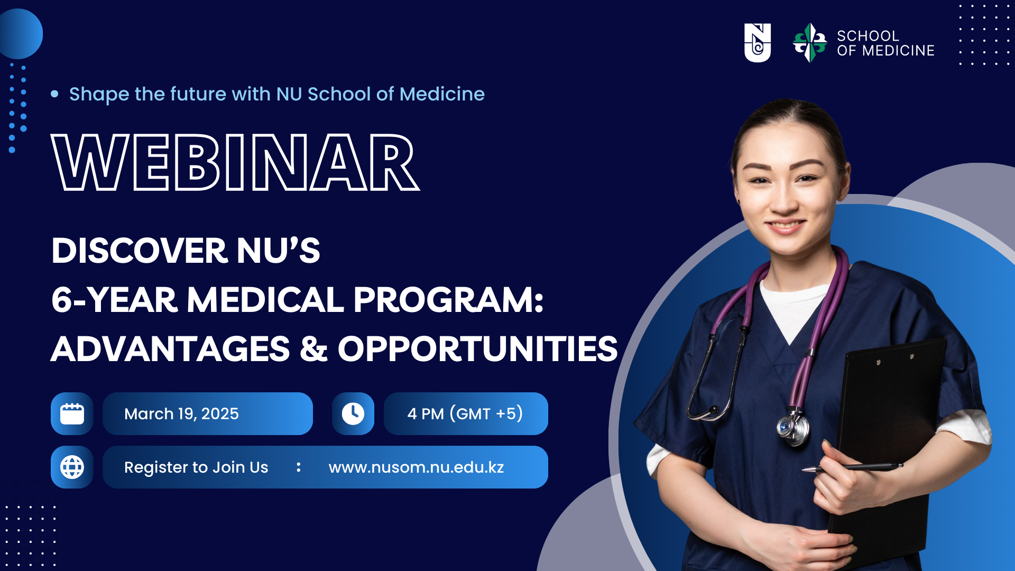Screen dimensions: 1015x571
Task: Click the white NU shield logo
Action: (757, 43)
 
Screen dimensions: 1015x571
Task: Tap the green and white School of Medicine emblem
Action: (809, 43)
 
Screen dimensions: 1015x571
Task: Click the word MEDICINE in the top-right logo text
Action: (898, 51)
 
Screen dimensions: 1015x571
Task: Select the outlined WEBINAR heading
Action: (235, 162)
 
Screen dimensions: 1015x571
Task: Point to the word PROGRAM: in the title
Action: (448, 300)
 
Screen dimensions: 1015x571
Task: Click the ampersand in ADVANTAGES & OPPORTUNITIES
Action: (313, 349)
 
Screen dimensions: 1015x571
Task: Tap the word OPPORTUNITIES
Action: (477, 349)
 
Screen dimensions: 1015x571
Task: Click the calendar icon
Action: (72, 413)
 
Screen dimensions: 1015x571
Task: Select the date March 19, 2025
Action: (181, 413)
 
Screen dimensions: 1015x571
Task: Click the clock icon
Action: (353, 413)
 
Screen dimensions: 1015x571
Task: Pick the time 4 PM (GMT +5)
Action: (465, 413)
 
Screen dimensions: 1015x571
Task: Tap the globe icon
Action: (72, 467)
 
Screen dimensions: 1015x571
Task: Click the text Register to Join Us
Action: (196, 467)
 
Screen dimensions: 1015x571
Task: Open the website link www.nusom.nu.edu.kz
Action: (416, 467)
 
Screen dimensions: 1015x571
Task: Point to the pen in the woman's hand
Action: (853, 467)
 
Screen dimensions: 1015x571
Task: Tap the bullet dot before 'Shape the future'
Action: (54, 94)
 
